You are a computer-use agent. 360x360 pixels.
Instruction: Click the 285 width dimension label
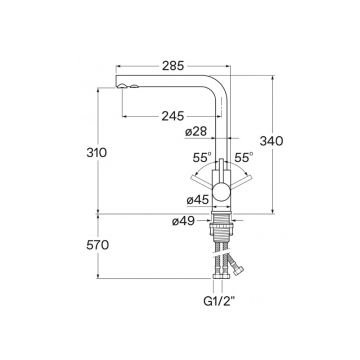[x=173, y=66]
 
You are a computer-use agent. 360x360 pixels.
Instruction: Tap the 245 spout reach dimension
[x=173, y=116]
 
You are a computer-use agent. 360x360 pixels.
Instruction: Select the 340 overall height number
[x=271, y=141]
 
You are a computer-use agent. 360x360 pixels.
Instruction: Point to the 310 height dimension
[x=97, y=153]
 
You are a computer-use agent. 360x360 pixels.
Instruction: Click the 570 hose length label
[x=97, y=245]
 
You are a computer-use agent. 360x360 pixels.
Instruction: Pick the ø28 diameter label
[x=196, y=132]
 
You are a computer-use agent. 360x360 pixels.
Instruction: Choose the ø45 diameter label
[x=198, y=200]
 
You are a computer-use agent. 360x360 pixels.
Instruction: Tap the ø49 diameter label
[x=184, y=221]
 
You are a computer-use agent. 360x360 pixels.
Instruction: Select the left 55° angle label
[x=202, y=157]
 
